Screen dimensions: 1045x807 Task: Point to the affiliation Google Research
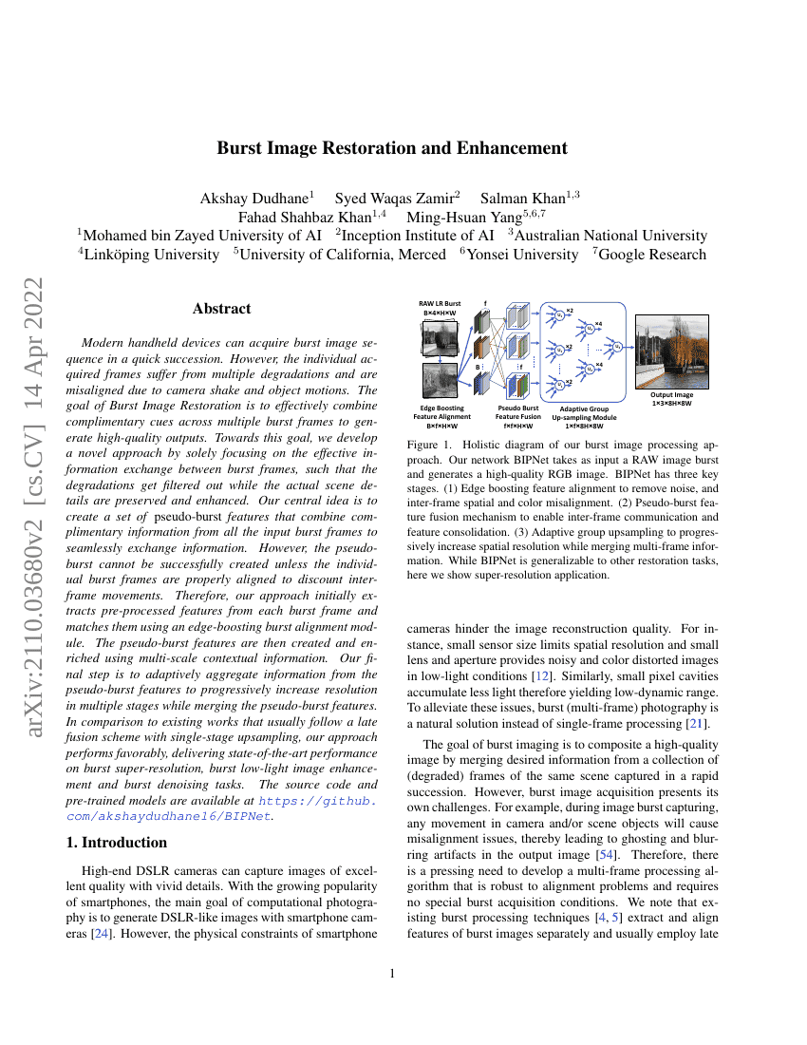click(654, 254)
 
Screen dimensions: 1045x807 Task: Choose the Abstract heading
click(221, 309)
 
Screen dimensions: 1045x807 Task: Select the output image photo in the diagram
click(671, 351)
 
